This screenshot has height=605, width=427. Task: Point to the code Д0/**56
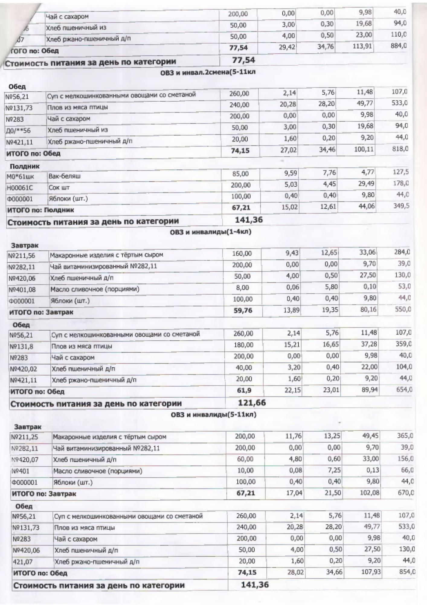[x=18, y=131]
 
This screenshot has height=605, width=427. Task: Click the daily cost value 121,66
[x=252, y=403]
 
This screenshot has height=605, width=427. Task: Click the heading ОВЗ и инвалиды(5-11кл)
[x=213, y=414]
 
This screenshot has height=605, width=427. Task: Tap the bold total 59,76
[x=243, y=310]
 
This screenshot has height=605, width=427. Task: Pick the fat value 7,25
[x=334, y=470]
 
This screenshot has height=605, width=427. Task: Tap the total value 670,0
[x=405, y=493]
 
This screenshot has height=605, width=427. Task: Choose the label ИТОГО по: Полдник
[x=40, y=210]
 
